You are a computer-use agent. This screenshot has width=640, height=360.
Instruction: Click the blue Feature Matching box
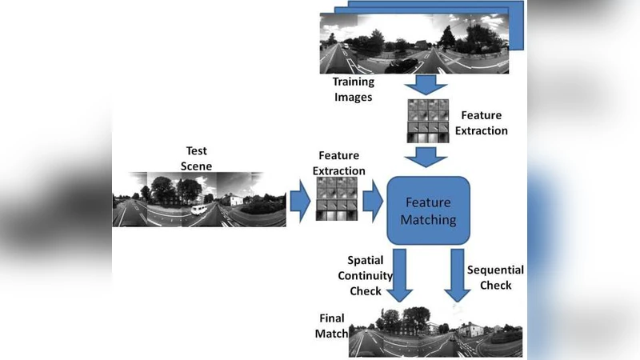tap(428, 210)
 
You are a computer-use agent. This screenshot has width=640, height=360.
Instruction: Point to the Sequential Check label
tap(495, 277)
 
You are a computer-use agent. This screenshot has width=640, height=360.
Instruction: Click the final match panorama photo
tap(436, 332)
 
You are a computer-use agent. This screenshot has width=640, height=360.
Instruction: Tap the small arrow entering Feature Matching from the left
tap(372, 203)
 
